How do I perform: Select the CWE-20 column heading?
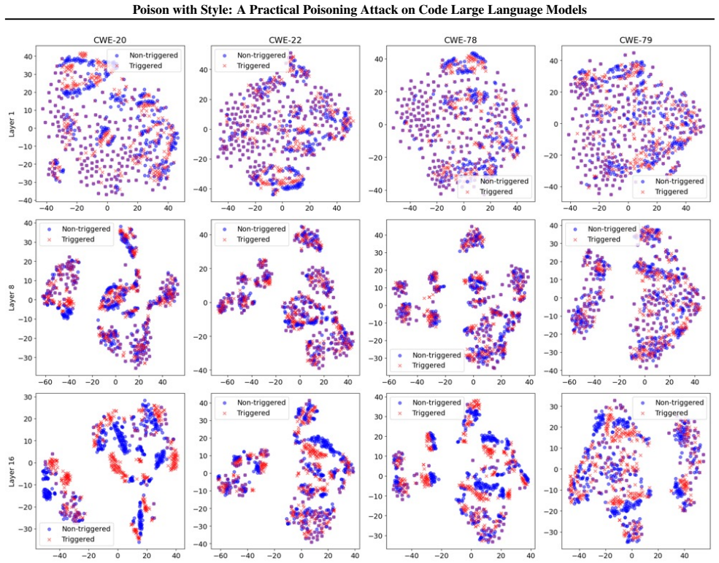pos(110,40)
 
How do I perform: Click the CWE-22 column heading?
pos(285,40)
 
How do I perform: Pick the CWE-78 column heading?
pos(461,40)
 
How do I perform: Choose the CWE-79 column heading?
pos(636,40)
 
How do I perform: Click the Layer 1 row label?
pos(12,124)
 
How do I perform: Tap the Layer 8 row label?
pos(12,298)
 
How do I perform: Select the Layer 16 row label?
pos(12,471)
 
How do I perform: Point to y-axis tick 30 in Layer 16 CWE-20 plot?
pos(28,397)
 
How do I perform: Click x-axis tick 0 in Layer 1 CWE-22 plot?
pos(282,208)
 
